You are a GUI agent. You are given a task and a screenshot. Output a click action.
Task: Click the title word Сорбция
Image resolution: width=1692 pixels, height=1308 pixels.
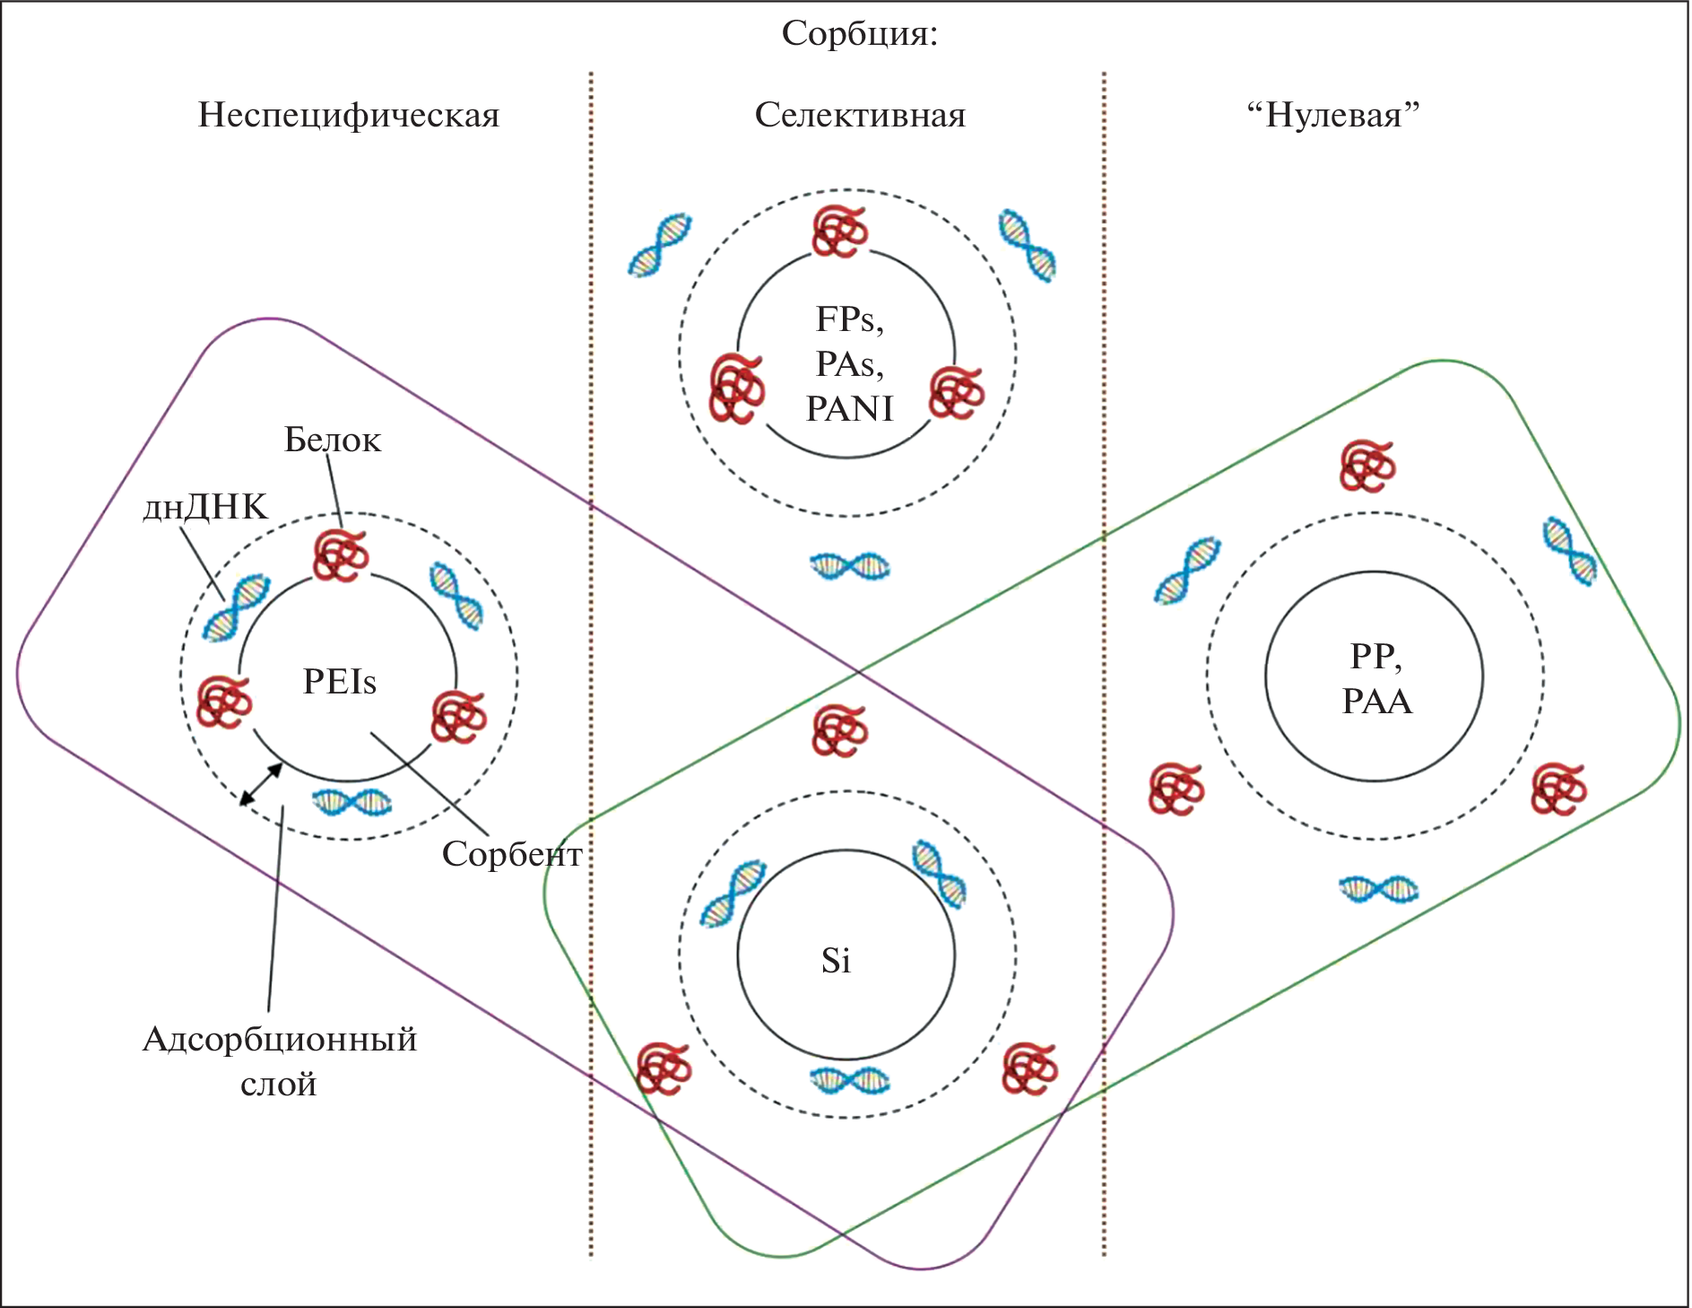pos(859,34)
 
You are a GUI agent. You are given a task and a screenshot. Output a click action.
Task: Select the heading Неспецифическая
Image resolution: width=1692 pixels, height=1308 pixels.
pos(348,116)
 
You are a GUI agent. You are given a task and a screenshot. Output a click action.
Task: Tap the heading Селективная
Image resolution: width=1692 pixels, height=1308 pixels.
pos(860,116)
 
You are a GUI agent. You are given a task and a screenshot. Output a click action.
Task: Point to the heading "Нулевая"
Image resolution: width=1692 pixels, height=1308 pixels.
pos(1333,116)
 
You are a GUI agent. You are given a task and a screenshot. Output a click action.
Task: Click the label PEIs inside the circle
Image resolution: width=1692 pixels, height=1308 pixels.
pos(339,682)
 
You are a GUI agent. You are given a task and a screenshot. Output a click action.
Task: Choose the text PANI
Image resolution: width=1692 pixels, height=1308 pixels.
pos(849,409)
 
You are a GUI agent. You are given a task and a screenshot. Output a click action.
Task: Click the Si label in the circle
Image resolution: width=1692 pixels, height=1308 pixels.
pos(836,961)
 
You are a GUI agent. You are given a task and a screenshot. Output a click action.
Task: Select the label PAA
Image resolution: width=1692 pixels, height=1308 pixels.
pos(1376,702)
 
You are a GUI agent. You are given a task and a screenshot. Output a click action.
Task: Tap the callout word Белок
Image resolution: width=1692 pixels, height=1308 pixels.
pos(332,440)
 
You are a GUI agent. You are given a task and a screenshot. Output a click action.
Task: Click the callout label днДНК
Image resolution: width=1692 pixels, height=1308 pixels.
pos(205,508)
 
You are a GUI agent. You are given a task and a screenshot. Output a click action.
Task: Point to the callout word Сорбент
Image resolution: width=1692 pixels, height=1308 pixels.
pos(511,854)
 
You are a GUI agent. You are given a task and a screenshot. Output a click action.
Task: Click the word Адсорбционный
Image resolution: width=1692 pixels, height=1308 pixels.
pos(280,1040)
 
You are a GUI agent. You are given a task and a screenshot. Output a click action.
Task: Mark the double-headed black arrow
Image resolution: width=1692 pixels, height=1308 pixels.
pos(261,784)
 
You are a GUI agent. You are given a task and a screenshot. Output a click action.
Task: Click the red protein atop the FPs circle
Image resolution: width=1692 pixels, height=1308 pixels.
pos(839,231)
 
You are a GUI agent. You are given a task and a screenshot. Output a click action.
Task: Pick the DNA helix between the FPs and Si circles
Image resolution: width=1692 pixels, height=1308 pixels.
pos(849,566)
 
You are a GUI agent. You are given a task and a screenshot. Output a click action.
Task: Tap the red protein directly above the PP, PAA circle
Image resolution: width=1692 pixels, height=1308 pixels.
pos(1367,467)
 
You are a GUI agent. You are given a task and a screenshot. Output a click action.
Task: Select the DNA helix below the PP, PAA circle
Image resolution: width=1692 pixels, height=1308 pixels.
pos(1378,889)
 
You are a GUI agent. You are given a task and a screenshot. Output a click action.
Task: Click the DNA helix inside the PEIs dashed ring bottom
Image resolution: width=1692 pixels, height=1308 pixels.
pos(351,801)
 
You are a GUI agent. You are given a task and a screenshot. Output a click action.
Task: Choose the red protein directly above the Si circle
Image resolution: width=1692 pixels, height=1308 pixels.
pos(839,730)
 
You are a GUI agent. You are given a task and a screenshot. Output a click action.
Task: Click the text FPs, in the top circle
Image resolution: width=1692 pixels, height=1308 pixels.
pos(849,320)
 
